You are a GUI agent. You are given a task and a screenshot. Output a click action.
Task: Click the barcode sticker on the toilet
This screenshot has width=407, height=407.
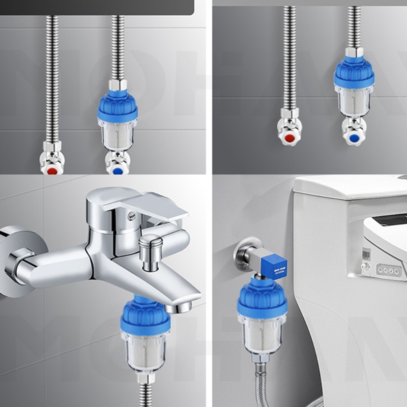click(x=367, y=253)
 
